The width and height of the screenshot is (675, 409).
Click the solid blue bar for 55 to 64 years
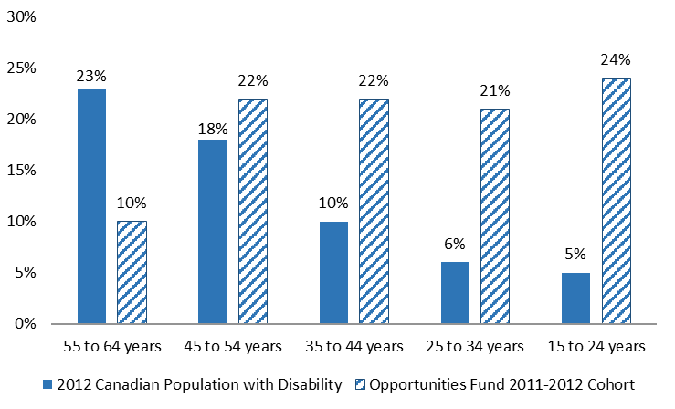(x=91, y=206)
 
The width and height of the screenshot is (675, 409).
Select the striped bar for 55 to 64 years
(x=132, y=272)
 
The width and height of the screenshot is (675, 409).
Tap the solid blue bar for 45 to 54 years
(x=213, y=232)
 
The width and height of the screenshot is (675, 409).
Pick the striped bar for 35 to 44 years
(x=374, y=212)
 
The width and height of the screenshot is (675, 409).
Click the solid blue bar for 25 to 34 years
(x=454, y=293)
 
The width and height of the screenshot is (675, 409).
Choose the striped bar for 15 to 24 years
(x=615, y=201)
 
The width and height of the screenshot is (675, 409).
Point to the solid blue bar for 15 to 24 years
(x=575, y=298)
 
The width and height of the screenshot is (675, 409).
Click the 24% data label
(x=615, y=60)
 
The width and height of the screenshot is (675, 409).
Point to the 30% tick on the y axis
(x=21, y=17)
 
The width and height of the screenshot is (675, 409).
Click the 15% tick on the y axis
(x=21, y=171)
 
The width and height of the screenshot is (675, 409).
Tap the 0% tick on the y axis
(x=25, y=324)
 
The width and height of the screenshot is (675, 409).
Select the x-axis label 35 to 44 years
(x=353, y=347)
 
